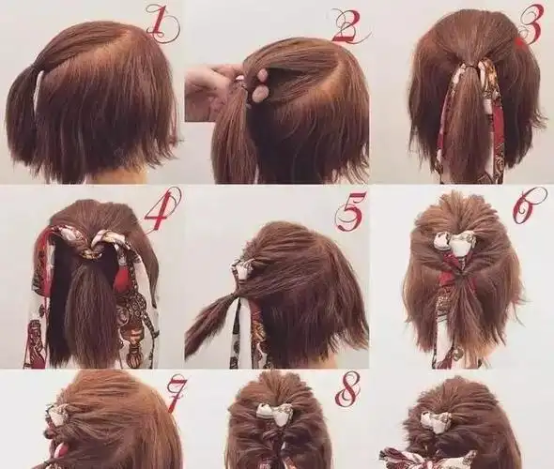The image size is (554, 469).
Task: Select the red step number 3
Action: pos(531,24)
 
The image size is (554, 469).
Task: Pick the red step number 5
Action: pos(350,212)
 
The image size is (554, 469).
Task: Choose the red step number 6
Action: pos(529,205)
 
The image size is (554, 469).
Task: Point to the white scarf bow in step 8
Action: pos(275,412)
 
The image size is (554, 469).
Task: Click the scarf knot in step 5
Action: pos(241,269)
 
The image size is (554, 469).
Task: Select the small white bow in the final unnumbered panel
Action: pos(436,420)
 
